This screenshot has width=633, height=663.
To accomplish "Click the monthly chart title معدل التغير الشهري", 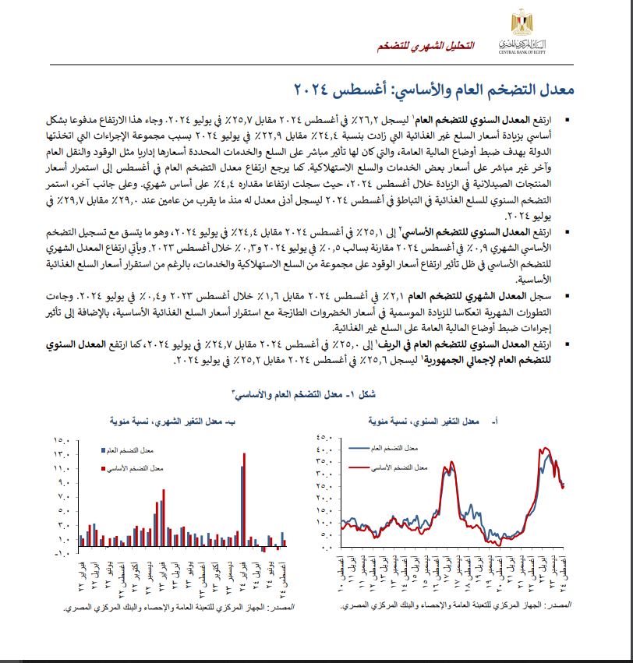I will point(164,421).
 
